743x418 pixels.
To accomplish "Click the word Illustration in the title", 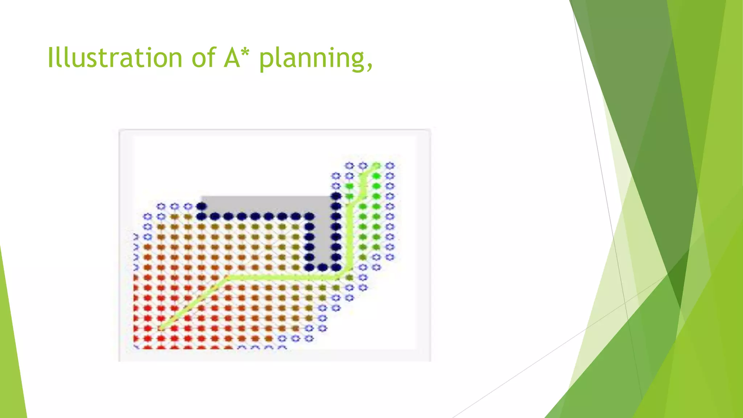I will (115, 58).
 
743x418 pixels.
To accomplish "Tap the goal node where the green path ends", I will (377, 166).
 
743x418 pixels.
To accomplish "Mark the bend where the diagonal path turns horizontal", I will (228, 278).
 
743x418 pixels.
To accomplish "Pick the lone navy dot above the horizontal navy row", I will (201, 206).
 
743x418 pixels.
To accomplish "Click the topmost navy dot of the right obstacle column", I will (336, 196).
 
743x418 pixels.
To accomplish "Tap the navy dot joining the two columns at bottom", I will (323, 267).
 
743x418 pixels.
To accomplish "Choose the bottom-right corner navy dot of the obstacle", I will (336, 267).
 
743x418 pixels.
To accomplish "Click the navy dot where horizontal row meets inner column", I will (309, 217).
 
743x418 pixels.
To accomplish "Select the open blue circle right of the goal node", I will (390, 166).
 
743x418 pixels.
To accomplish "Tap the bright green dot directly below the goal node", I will (377, 176).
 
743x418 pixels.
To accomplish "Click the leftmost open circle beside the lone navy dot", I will (161, 206).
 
